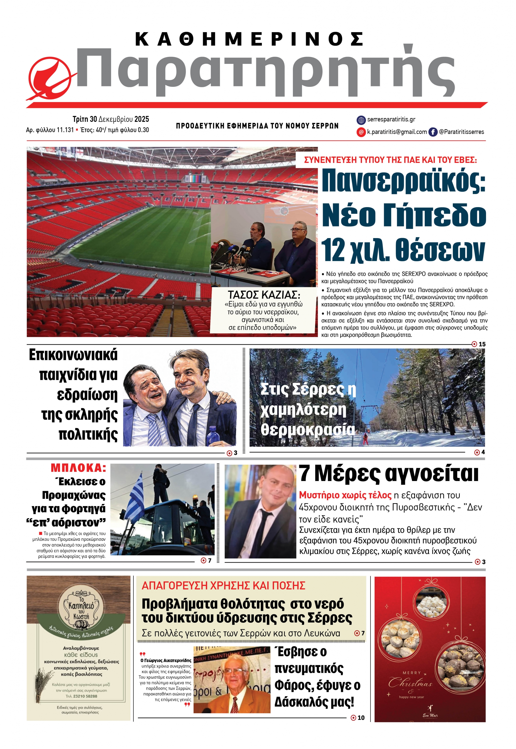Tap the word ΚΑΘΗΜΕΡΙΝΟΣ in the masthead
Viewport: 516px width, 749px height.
click(x=249, y=39)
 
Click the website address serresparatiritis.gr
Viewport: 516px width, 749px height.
click(x=391, y=120)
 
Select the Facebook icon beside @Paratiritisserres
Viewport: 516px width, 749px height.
click(x=433, y=132)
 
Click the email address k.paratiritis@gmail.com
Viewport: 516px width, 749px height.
click(x=397, y=132)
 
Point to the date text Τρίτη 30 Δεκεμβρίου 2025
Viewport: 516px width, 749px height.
click(x=111, y=119)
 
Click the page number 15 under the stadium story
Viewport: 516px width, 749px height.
click(x=482, y=344)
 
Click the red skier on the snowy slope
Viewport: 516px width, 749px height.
click(x=366, y=439)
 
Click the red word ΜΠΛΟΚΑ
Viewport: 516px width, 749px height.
click(x=78, y=468)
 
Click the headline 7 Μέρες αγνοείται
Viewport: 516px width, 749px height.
click(x=388, y=474)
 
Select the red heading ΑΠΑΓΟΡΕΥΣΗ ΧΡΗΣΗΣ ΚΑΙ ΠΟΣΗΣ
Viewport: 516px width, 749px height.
click(x=223, y=585)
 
